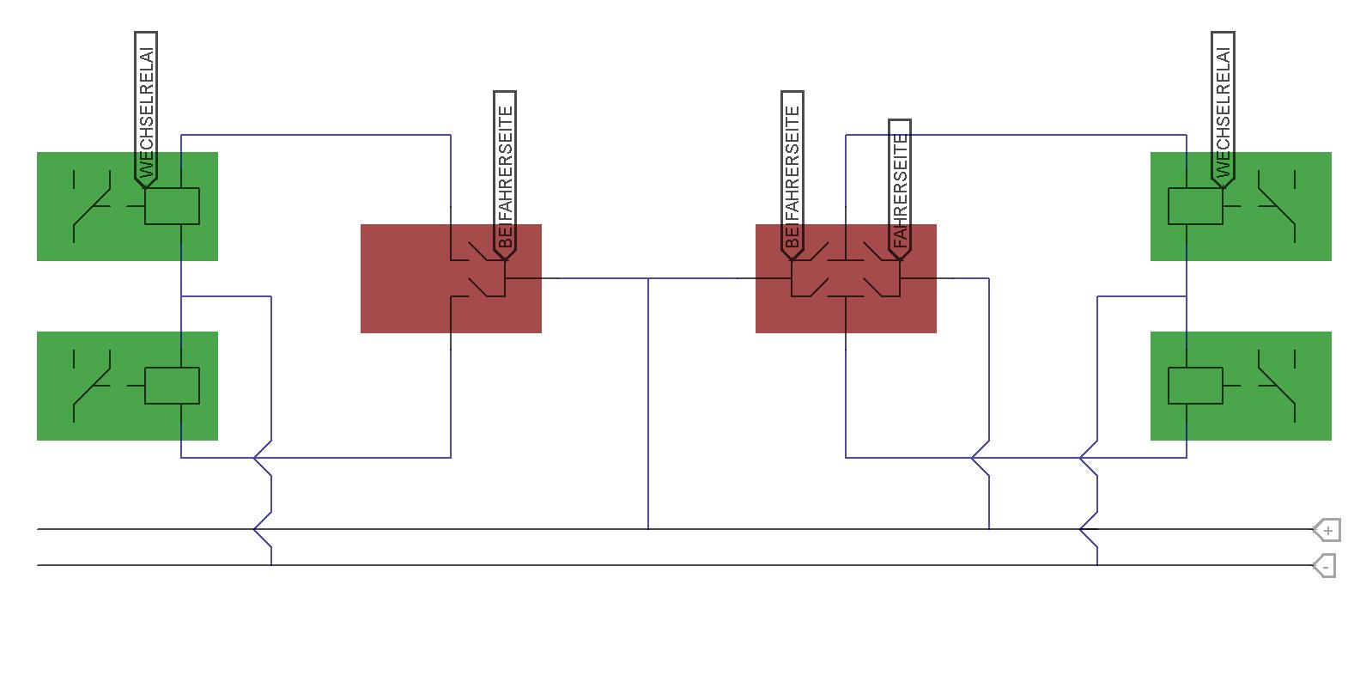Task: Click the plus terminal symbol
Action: coord(1327,530)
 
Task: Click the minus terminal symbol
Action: coord(1325,566)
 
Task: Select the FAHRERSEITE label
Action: coord(900,189)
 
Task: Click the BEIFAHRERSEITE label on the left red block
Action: coord(505,175)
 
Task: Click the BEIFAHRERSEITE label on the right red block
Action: coord(792,175)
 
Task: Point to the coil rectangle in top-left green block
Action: coord(172,206)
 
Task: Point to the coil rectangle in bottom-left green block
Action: coord(172,386)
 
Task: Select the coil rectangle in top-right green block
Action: coord(1195,206)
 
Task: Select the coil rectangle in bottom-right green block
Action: coord(1195,386)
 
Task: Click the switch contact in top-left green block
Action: coord(92,206)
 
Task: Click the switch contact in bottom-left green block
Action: coord(92,386)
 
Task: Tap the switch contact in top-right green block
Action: coord(1277,206)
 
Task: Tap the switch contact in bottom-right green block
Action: coord(1277,386)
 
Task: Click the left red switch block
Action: coord(451,278)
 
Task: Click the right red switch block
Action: coord(846,278)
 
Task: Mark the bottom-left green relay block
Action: coord(128,386)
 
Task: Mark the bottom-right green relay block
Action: coord(1241,386)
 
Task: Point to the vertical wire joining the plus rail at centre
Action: coord(648,404)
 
